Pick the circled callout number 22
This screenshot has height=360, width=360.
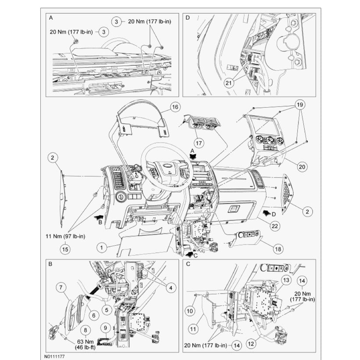point(275,226)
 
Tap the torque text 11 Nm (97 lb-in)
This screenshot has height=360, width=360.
point(65,237)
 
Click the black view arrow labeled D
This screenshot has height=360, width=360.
point(265,212)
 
